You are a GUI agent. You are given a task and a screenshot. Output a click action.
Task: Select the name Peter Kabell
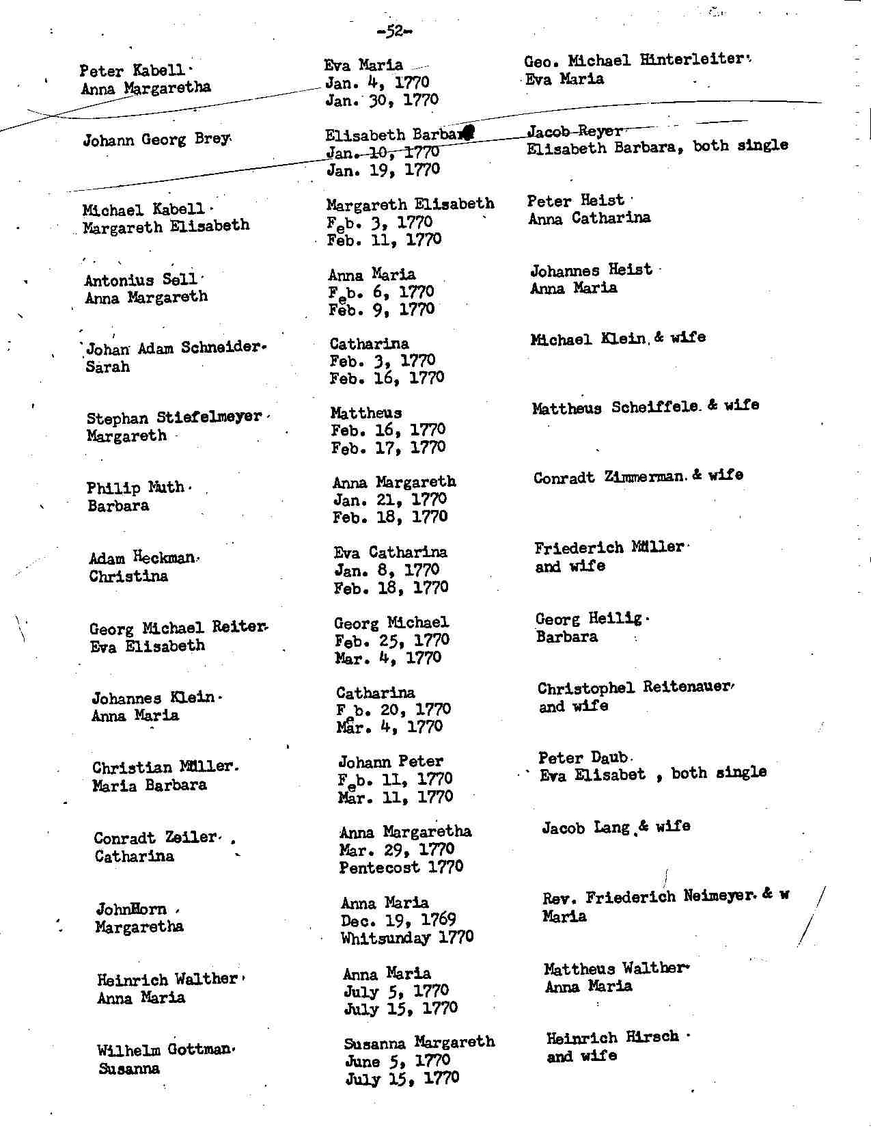coord(132,70)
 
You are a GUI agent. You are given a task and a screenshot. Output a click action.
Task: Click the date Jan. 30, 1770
coord(381,100)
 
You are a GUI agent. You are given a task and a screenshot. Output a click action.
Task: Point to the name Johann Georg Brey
coord(155,140)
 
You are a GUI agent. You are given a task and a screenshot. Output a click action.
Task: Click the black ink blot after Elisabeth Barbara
coord(468,133)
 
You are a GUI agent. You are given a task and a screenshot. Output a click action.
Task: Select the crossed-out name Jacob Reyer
coord(575,131)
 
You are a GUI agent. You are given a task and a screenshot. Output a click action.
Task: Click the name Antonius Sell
coord(140,280)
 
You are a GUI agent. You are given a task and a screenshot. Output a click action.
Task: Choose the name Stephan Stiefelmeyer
coord(174,417)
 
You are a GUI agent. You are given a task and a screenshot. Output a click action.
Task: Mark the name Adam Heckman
coord(142,558)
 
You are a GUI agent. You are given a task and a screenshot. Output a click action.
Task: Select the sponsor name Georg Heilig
coord(588,619)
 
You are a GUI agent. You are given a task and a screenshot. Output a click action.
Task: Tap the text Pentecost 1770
coord(401,867)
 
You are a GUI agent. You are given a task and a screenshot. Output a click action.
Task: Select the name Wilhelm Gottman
coord(164,1049)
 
